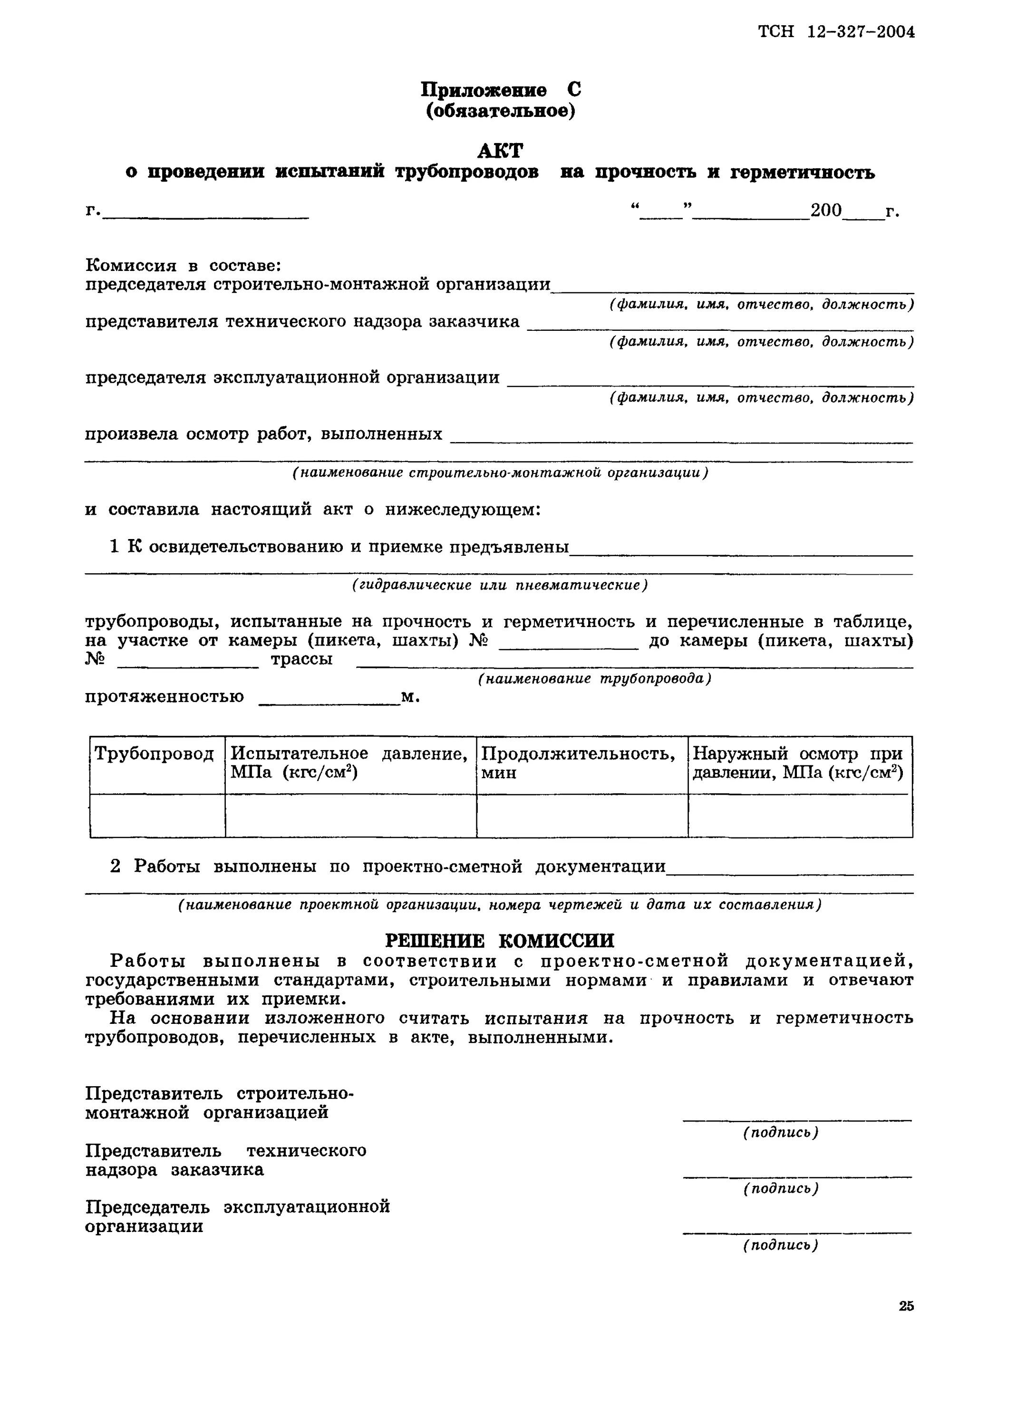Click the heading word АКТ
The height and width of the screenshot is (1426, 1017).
pos(499,150)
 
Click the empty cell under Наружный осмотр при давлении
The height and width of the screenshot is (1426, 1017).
pos(799,816)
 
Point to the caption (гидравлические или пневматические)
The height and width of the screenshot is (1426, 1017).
pos(499,585)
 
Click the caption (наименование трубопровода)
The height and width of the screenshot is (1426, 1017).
pos(594,679)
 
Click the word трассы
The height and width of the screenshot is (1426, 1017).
pos(301,659)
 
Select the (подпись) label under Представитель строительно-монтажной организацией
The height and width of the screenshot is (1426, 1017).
pos(781,1132)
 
